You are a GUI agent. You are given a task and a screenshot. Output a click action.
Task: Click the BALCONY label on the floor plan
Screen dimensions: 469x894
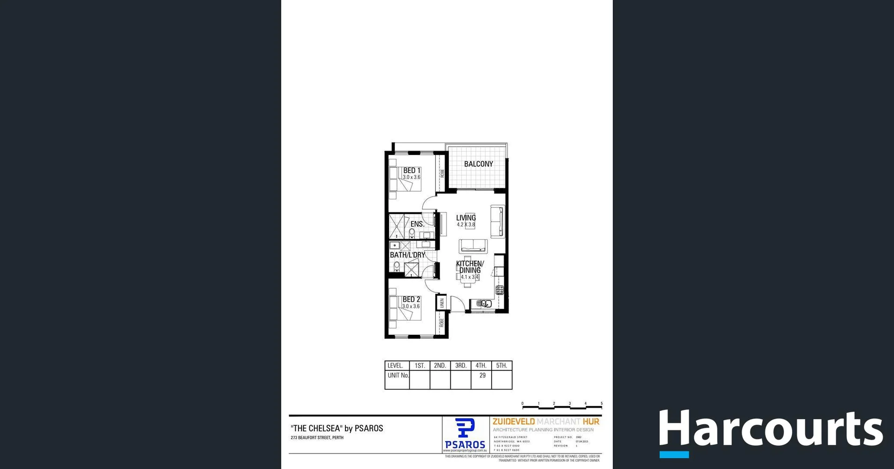click(478, 164)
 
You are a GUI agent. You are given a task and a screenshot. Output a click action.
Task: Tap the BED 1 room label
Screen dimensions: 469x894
click(412, 170)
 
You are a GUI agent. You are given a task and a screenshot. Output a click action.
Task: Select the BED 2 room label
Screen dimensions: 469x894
click(411, 299)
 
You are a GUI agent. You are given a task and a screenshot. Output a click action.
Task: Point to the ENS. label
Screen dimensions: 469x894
click(417, 224)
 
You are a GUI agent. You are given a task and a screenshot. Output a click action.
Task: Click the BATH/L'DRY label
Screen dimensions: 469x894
click(407, 255)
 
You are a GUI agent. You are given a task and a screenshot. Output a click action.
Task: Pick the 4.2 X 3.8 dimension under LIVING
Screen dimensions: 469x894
click(466, 224)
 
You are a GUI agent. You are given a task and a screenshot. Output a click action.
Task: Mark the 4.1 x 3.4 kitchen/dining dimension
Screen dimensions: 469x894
click(469, 277)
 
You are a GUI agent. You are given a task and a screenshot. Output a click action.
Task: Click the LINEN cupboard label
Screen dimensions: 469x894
click(442, 303)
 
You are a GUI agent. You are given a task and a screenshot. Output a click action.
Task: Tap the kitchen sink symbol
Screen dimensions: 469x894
click(484, 304)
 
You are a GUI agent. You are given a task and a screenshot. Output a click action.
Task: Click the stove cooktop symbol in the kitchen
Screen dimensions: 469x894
click(500, 290)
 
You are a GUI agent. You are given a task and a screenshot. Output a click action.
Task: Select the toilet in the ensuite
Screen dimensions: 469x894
click(412, 232)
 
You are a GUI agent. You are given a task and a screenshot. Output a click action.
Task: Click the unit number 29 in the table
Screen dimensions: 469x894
click(482, 375)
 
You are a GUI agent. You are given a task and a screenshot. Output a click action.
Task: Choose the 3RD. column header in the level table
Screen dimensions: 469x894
click(461, 366)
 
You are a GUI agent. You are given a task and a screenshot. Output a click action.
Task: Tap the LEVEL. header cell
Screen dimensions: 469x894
click(395, 366)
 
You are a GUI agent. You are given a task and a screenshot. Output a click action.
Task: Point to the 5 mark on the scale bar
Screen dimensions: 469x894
click(601, 404)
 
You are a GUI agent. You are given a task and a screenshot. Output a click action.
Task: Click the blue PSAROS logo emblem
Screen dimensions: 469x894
click(465, 428)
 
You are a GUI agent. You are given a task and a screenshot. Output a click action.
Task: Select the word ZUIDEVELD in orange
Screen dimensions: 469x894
click(514, 421)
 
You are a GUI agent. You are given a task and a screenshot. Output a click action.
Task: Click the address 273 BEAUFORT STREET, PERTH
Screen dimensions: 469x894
click(317, 438)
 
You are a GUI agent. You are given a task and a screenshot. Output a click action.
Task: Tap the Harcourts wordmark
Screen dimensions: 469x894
click(771, 428)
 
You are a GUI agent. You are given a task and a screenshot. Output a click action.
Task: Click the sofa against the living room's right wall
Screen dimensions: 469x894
click(498, 222)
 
